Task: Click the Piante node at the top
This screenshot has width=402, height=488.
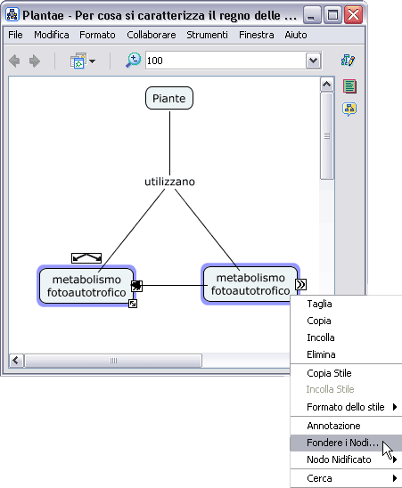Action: [169, 98]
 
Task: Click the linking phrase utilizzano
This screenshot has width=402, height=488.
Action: [169, 182]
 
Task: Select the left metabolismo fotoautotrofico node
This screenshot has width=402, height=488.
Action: [86, 286]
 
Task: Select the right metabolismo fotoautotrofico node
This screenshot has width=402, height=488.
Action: [250, 284]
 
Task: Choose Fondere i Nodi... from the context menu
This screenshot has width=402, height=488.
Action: [342, 443]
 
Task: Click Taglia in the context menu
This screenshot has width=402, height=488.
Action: [319, 304]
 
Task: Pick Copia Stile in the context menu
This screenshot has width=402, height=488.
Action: [329, 373]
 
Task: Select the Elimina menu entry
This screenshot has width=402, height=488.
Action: [321, 354]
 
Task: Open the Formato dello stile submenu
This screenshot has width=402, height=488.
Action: [346, 407]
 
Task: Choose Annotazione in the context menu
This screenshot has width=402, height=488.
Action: [333, 426]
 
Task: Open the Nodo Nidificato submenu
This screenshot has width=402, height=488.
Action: [339, 460]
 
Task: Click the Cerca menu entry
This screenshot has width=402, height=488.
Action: [319, 478]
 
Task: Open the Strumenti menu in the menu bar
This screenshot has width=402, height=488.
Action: [207, 35]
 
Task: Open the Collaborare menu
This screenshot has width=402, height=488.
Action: [152, 35]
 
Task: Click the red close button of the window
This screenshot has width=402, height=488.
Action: [353, 15]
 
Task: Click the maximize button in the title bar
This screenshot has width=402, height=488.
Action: [332, 15]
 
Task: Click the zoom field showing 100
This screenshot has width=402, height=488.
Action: [226, 61]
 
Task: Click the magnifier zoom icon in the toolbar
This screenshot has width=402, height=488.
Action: [133, 61]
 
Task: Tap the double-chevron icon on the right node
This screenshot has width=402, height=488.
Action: [300, 284]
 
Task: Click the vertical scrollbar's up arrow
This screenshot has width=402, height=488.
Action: [326, 85]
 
